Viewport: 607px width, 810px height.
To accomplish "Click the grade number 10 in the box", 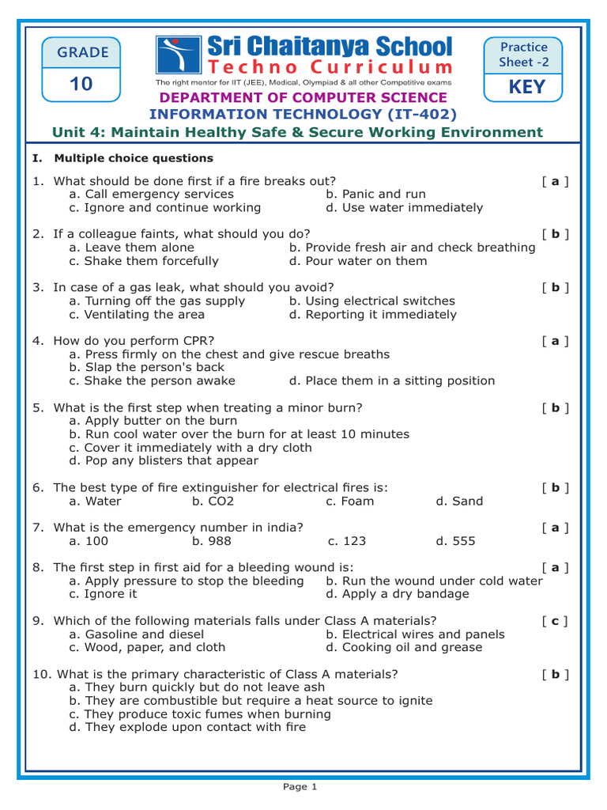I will tap(81, 83).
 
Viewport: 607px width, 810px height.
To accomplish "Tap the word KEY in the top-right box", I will tap(526, 86).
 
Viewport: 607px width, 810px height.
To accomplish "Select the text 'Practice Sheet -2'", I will tap(523, 55).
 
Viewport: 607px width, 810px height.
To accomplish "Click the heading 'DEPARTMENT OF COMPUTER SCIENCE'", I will tap(303, 97).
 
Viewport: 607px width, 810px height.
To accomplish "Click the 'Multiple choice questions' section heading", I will tap(134, 158).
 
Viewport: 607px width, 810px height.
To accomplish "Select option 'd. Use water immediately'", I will tap(404, 207).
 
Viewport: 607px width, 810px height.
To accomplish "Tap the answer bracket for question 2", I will tap(556, 234).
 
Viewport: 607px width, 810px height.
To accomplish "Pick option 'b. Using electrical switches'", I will tap(371, 301).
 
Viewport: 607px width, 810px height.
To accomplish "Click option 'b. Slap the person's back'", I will tap(146, 367).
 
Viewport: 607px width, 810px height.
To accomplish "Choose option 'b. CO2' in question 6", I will tap(213, 501).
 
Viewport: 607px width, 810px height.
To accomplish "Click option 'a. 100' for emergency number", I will tap(89, 541).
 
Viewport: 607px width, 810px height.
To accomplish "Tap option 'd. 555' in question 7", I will tap(455, 541).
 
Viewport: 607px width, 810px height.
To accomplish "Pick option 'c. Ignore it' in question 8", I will tap(103, 594).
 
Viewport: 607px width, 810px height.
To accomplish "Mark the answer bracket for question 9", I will tap(556, 621).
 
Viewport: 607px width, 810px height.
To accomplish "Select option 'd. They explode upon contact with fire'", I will tap(187, 727).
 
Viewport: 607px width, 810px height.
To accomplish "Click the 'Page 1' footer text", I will tap(300, 786).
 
